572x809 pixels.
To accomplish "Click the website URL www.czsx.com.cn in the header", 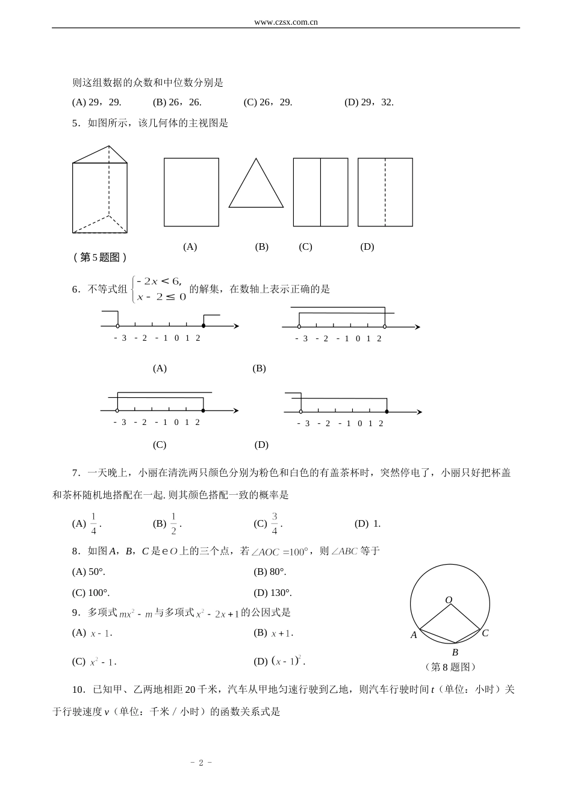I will click(286, 22).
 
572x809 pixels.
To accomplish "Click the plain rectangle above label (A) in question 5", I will click(191, 192).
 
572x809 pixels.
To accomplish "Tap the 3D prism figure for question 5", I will click(100, 190).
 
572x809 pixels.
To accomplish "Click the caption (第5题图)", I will click(100, 257).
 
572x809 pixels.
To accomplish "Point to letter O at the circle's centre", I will click(449, 600).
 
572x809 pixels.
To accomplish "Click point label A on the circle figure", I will click(414, 634).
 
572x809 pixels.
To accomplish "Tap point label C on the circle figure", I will click(485, 633).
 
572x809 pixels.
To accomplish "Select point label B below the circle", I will click(455, 652).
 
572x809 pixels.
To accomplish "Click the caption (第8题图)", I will click(450, 667).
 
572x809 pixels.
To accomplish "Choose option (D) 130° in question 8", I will click(272, 592).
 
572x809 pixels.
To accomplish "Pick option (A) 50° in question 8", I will click(89, 571).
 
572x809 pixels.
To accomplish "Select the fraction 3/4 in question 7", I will click(275, 523).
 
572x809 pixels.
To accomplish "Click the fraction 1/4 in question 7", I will click(94, 523).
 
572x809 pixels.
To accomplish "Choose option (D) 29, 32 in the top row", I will click(368, 102).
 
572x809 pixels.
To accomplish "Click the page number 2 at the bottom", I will click(202, 762).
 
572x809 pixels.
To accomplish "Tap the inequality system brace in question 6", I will click(134, 288).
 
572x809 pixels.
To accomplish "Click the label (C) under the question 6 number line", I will click(160, 445).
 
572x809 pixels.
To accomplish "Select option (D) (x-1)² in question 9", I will click(281, 661).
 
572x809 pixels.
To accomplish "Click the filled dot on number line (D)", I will click(387, 412).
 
